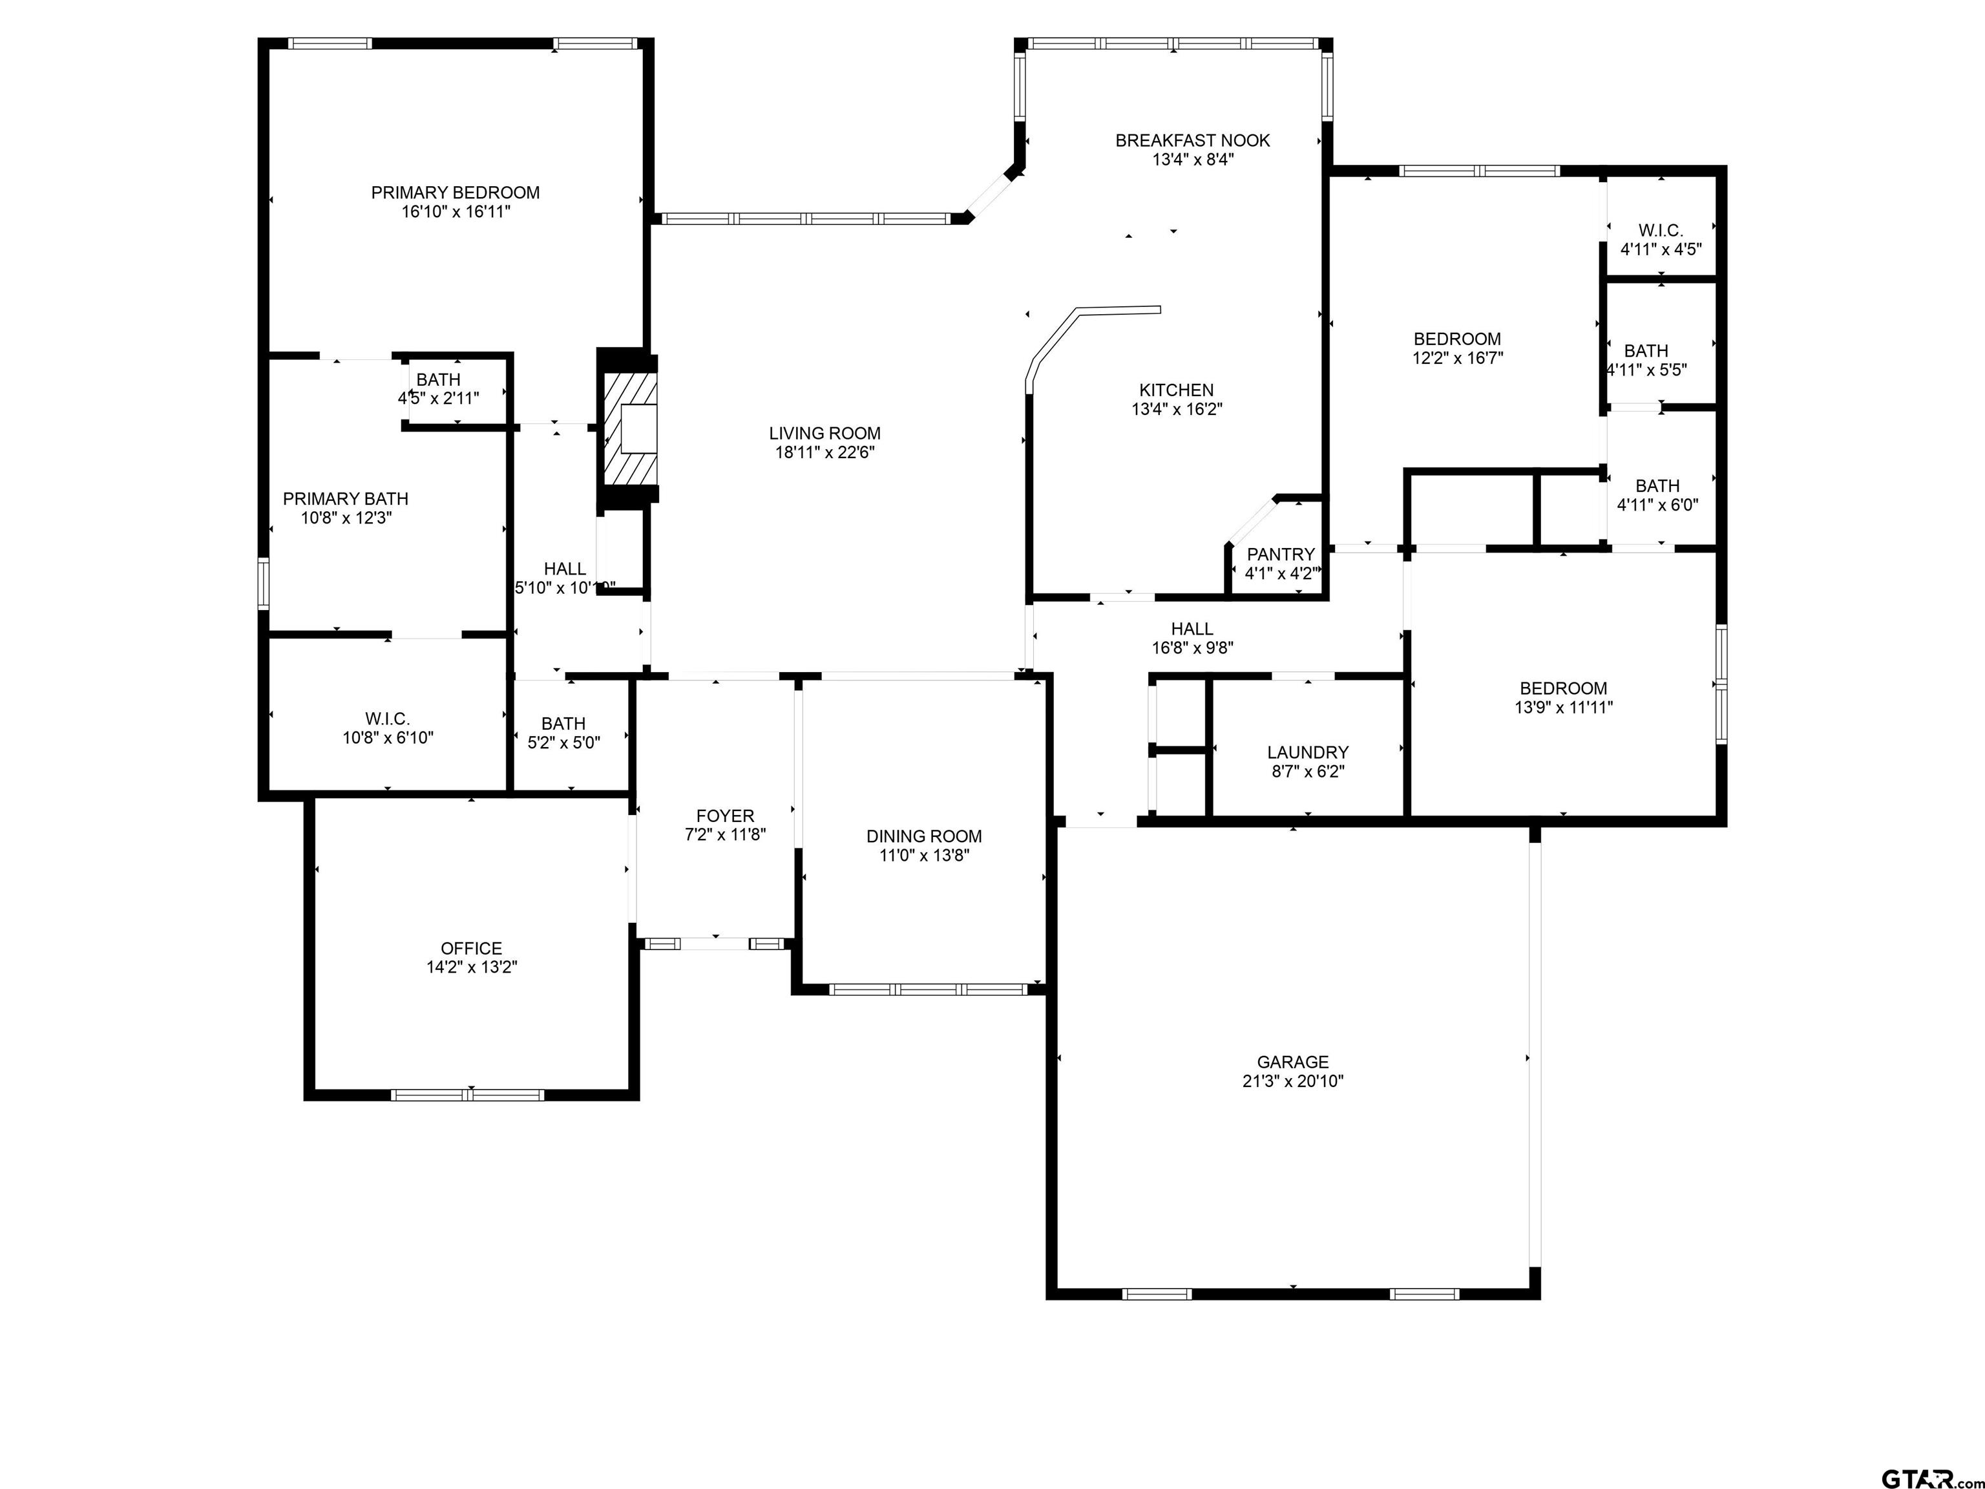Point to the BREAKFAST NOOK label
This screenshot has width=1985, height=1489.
click(1193, 141)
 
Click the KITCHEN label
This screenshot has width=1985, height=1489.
click(1177, 390)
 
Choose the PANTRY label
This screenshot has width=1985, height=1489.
click(1281, 554)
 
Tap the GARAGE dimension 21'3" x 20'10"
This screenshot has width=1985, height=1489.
click(1292, 1081)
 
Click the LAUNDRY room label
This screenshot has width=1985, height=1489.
click(1307, 753)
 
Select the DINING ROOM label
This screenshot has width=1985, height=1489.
click(924, 836)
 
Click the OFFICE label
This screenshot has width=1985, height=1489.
click(471, 949)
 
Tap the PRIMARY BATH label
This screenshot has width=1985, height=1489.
click(346, 499)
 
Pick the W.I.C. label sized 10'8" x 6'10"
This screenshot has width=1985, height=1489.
click(388, 719)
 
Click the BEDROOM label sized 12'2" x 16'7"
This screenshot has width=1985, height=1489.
click(1457, 339)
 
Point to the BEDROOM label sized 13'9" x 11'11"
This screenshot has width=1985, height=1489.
click(1563, 688)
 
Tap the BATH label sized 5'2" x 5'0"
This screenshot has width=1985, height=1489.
click(563, 723)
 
